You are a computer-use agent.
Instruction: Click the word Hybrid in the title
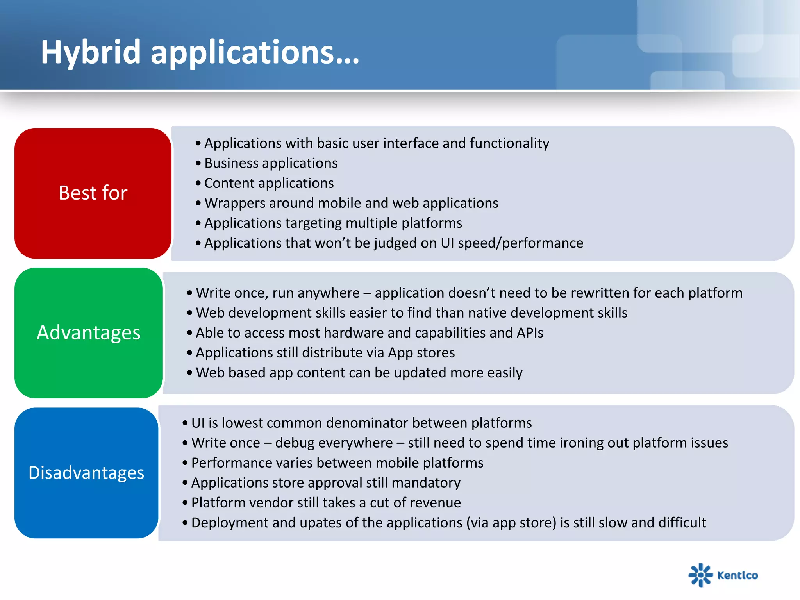click(91, 52)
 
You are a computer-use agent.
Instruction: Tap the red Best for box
click(93, 193)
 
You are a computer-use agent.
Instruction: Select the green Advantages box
click(89, 333)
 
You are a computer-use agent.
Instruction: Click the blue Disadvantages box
click(86, 473)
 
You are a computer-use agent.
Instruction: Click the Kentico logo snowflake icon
click(700, 575)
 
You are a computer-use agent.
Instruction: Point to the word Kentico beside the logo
click(737, 575)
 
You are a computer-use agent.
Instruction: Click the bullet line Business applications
click(271, 163)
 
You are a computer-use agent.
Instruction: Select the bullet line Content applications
click(269, 183)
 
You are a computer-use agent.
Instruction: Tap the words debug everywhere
click(334, 443)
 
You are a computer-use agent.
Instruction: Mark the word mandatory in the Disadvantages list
click(426, 483)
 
